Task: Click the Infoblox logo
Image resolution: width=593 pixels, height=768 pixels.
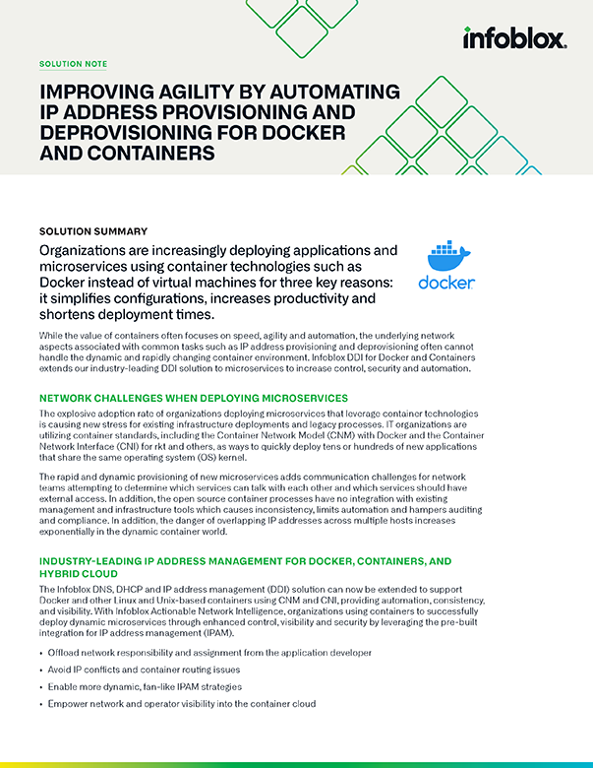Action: tap(514, 38)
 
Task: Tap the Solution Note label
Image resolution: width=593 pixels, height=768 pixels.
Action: tap(73, 64)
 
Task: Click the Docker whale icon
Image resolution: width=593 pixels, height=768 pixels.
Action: tap(446, 256)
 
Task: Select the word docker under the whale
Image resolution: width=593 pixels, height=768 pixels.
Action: tap(446, 284)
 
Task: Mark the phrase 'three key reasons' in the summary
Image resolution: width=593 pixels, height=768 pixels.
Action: tap(333, 283)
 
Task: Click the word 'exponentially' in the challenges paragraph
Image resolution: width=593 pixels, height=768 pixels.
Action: tap(76, 532)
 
